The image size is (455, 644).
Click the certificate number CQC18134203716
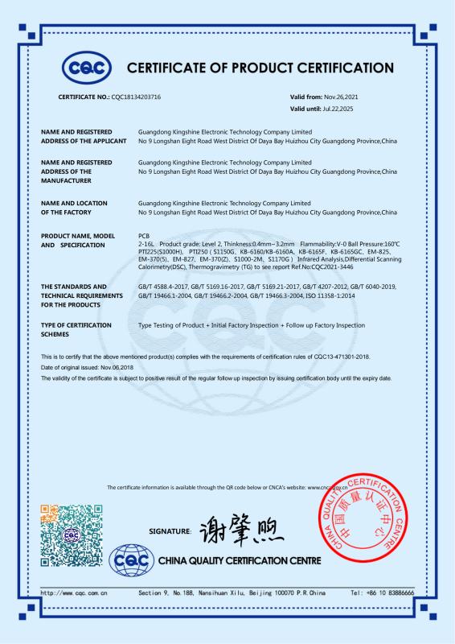(136, 97)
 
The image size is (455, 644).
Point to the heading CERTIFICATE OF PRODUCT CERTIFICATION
(260, 68)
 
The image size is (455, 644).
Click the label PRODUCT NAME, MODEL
(78, 235)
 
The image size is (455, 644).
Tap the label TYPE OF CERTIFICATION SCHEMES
(76, 329)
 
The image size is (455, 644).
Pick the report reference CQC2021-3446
(355, 266)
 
